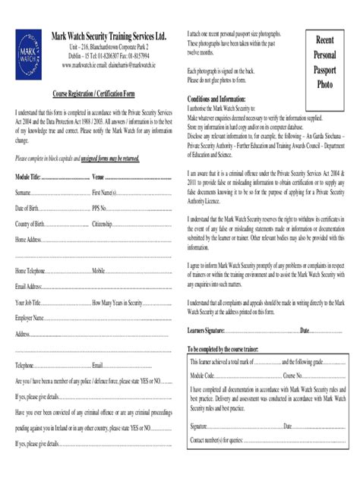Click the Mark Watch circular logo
pos(28,55)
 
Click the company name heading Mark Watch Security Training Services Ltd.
pos(108,36)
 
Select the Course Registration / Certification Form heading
pos(93,93)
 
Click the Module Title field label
pos(27,178)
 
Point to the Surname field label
pos(24,193)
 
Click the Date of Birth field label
pos(27,208)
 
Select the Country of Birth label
pos(30,224)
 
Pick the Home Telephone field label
pos(31,271)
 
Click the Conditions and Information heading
pos(216,99)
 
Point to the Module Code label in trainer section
pos(203,376)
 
